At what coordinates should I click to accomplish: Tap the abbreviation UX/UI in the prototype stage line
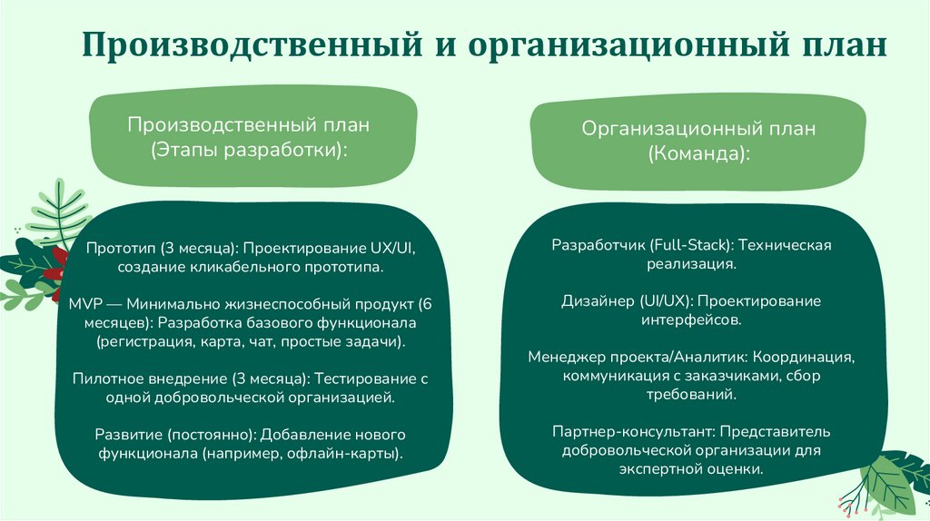393,248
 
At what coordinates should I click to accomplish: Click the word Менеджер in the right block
564,357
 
